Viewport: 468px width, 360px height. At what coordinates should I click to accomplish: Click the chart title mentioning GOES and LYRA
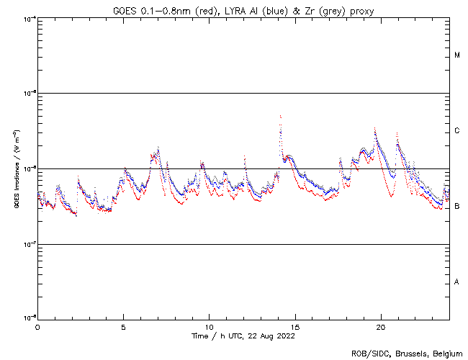click(243, 10)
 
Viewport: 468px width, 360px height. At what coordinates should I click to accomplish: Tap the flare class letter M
click(457, 55)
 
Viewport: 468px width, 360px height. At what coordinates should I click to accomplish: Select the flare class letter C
click(457, 131)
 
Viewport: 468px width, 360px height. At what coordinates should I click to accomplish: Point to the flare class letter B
click(457, 207)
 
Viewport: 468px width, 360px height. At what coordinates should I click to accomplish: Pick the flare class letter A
click(457, 282)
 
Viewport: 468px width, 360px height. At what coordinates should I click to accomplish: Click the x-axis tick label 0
click(37, 325)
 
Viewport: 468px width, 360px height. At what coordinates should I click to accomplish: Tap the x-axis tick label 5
click(123, 325)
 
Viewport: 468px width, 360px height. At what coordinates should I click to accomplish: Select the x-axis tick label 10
click(209, 325)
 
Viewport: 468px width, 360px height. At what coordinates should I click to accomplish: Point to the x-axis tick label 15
click(294, 325)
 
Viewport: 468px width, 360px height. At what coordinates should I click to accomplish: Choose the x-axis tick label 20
click(380, 325)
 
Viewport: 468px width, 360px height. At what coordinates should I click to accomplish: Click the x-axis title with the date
click(243, 336)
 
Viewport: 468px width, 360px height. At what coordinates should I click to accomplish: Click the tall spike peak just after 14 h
click(280, 116)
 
